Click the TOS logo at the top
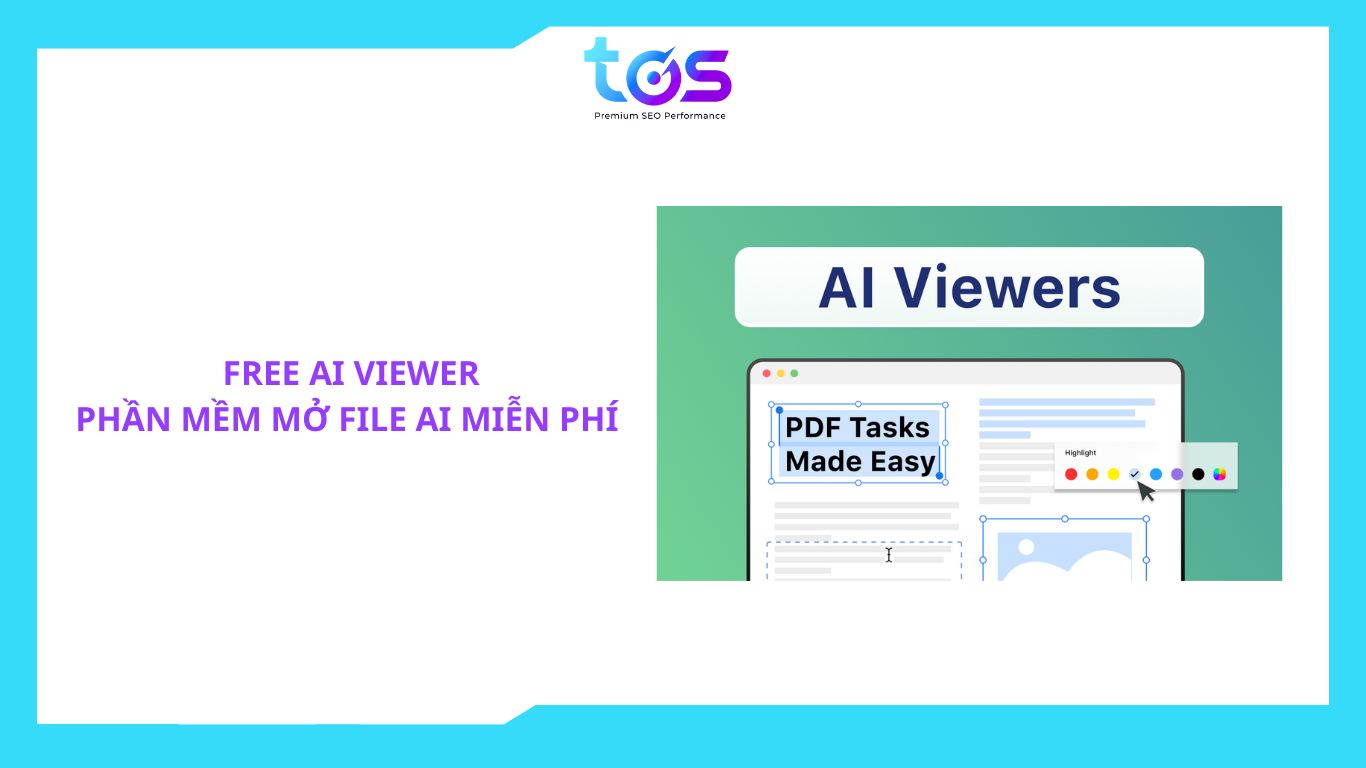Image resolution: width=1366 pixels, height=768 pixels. click(x=658, y=71)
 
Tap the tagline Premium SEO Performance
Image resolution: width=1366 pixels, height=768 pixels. click(x=660, y=116)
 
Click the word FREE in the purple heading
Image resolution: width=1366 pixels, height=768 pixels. click(x=261, y=373)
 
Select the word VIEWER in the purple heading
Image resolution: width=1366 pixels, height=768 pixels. click(x=416, y=373)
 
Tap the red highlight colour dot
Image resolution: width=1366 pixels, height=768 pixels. click(x=1071, y=474)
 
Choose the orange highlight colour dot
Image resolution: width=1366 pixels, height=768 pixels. click(x=1092, y=474)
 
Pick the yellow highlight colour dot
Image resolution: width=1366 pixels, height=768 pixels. click(x=1114, y=474)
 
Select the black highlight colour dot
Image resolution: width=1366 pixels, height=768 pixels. click(x=1198, y=474)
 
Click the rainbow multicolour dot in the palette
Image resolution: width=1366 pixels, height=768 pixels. click(x=1220, y=474)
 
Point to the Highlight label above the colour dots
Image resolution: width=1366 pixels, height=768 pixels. click(x=1080, y=453)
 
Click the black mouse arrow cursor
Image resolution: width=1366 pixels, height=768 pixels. click(x=1145, y=491)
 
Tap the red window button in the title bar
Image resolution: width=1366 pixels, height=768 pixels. click(x=767, y=373)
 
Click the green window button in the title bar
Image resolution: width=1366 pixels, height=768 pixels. click(x=794, y=373)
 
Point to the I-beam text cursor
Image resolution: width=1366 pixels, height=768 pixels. click(x=889, y=554)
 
